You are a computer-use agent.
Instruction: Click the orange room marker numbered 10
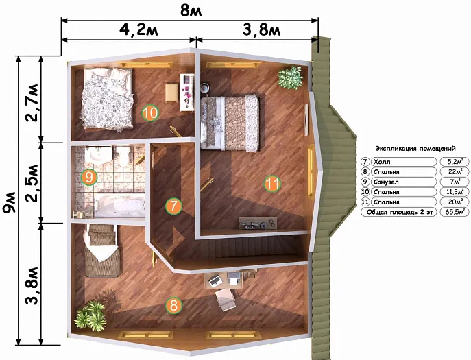(x=150, y=112)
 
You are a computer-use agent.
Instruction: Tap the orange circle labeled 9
(x=89, y=177)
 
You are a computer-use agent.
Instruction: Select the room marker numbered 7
(x=173, y=206)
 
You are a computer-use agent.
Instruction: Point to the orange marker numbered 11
(x=272, y=183)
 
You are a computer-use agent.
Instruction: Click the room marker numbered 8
(x=174, y=306)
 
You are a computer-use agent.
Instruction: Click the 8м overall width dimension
(x=191, y=11)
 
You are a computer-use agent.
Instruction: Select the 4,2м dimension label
(x=138, y=29)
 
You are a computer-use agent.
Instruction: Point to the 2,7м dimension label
(x=32, y=102)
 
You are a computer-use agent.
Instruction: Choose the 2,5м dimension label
(x=32, y=182)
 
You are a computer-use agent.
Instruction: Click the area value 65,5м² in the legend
(x=455, y=212)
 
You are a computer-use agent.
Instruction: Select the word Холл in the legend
(x=381, y=162)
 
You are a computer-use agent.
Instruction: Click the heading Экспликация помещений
(x=415, y=148)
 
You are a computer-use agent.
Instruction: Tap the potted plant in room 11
(x=290, y=77)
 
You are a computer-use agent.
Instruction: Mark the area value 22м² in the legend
(x=455, y=172)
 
